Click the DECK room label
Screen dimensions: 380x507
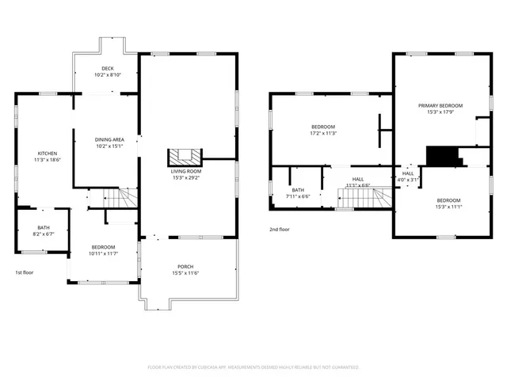tap(107, 69)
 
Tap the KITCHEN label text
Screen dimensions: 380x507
tap(48, 153)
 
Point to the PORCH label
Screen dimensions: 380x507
tap(185, 267)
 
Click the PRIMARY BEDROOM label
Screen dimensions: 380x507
tap(440, 105)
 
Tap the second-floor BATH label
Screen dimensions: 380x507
tap(298, 190)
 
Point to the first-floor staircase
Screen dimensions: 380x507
tap(117, 198)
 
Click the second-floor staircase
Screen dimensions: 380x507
tap(365, 200)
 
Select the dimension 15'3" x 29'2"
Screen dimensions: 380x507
tap(186, 177)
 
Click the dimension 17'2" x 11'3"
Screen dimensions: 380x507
tap(323, 133)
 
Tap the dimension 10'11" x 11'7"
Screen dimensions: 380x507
tap(102, 253)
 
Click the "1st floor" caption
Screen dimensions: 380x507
tap(24, 272)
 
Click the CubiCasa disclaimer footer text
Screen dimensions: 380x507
tap(253, 367)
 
